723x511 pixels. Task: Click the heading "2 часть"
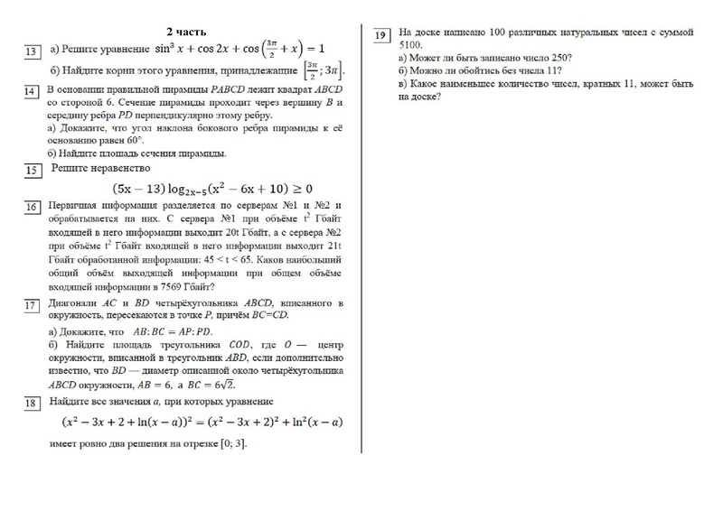pos(187,33)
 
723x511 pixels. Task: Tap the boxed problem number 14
pos(32,92)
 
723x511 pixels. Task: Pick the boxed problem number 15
pos(32,171)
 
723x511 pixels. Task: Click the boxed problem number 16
pos(32,209)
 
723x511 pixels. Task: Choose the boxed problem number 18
pos(32,403)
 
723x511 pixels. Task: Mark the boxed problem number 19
pos(381,35)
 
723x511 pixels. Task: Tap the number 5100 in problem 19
pos(410,43)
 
